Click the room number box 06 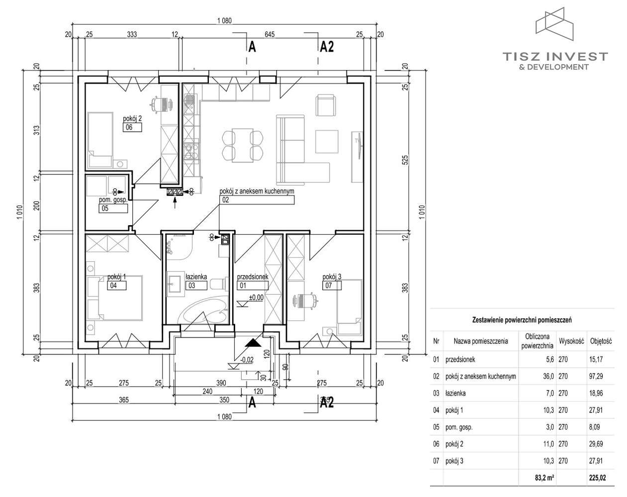click(133, 127)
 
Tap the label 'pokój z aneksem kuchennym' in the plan click(257, 191)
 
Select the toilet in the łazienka click(219, 283)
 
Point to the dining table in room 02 click(243, 146)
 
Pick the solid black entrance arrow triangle click(253, 342)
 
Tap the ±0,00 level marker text click(257, 298)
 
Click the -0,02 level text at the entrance click(247, 360)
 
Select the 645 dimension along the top click(270, 34)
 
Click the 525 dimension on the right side click(405, 160)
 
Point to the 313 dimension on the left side click(36, 130)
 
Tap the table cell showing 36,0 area click(548, 376)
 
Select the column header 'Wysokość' click(571, 341)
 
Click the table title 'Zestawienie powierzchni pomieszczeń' click(522, 320)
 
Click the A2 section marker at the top click(327, 47)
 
